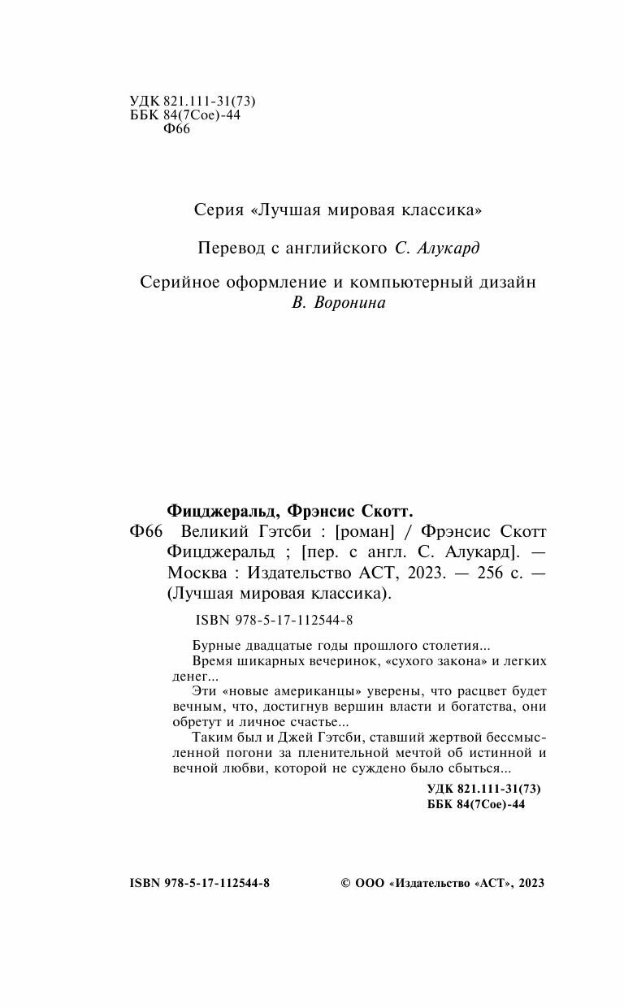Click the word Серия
[x=219, y=210]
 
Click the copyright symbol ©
[x=344, y=884]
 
